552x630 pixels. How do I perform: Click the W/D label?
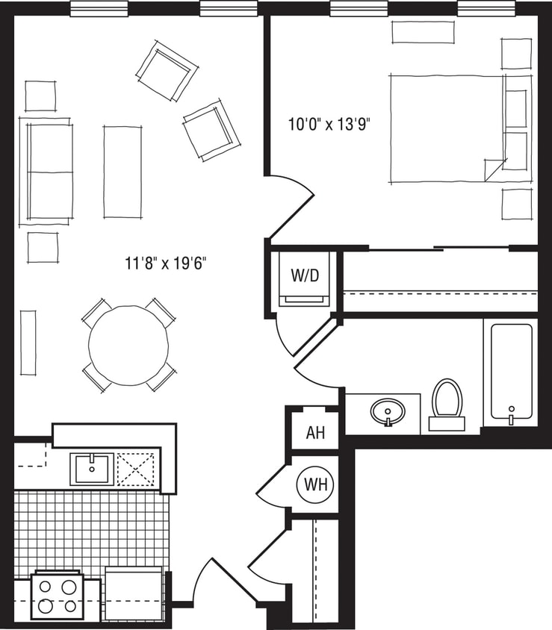(x=304, y=275)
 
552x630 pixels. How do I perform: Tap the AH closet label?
(x=315, y=433)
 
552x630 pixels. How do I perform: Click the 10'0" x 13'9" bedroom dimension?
(x=329, y=124)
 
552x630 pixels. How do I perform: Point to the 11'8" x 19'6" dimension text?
(x=165, y=263)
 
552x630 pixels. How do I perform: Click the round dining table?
(x=128, y=345)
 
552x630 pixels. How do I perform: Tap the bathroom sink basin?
(x=387, y=410)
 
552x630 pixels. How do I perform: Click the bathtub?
(x=511, y=373)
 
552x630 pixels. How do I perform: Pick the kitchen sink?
(x=92, y=469)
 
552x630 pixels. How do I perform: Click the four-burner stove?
(x=57, y=595)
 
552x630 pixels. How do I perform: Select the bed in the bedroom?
(x=447, y=128)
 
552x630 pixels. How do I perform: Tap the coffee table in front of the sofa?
(x=123, y=172)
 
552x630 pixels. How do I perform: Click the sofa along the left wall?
(x=50, y=172)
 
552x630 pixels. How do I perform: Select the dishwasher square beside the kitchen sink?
(x=137, y=469)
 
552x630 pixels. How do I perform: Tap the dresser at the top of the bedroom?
(x=423, y=32)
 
